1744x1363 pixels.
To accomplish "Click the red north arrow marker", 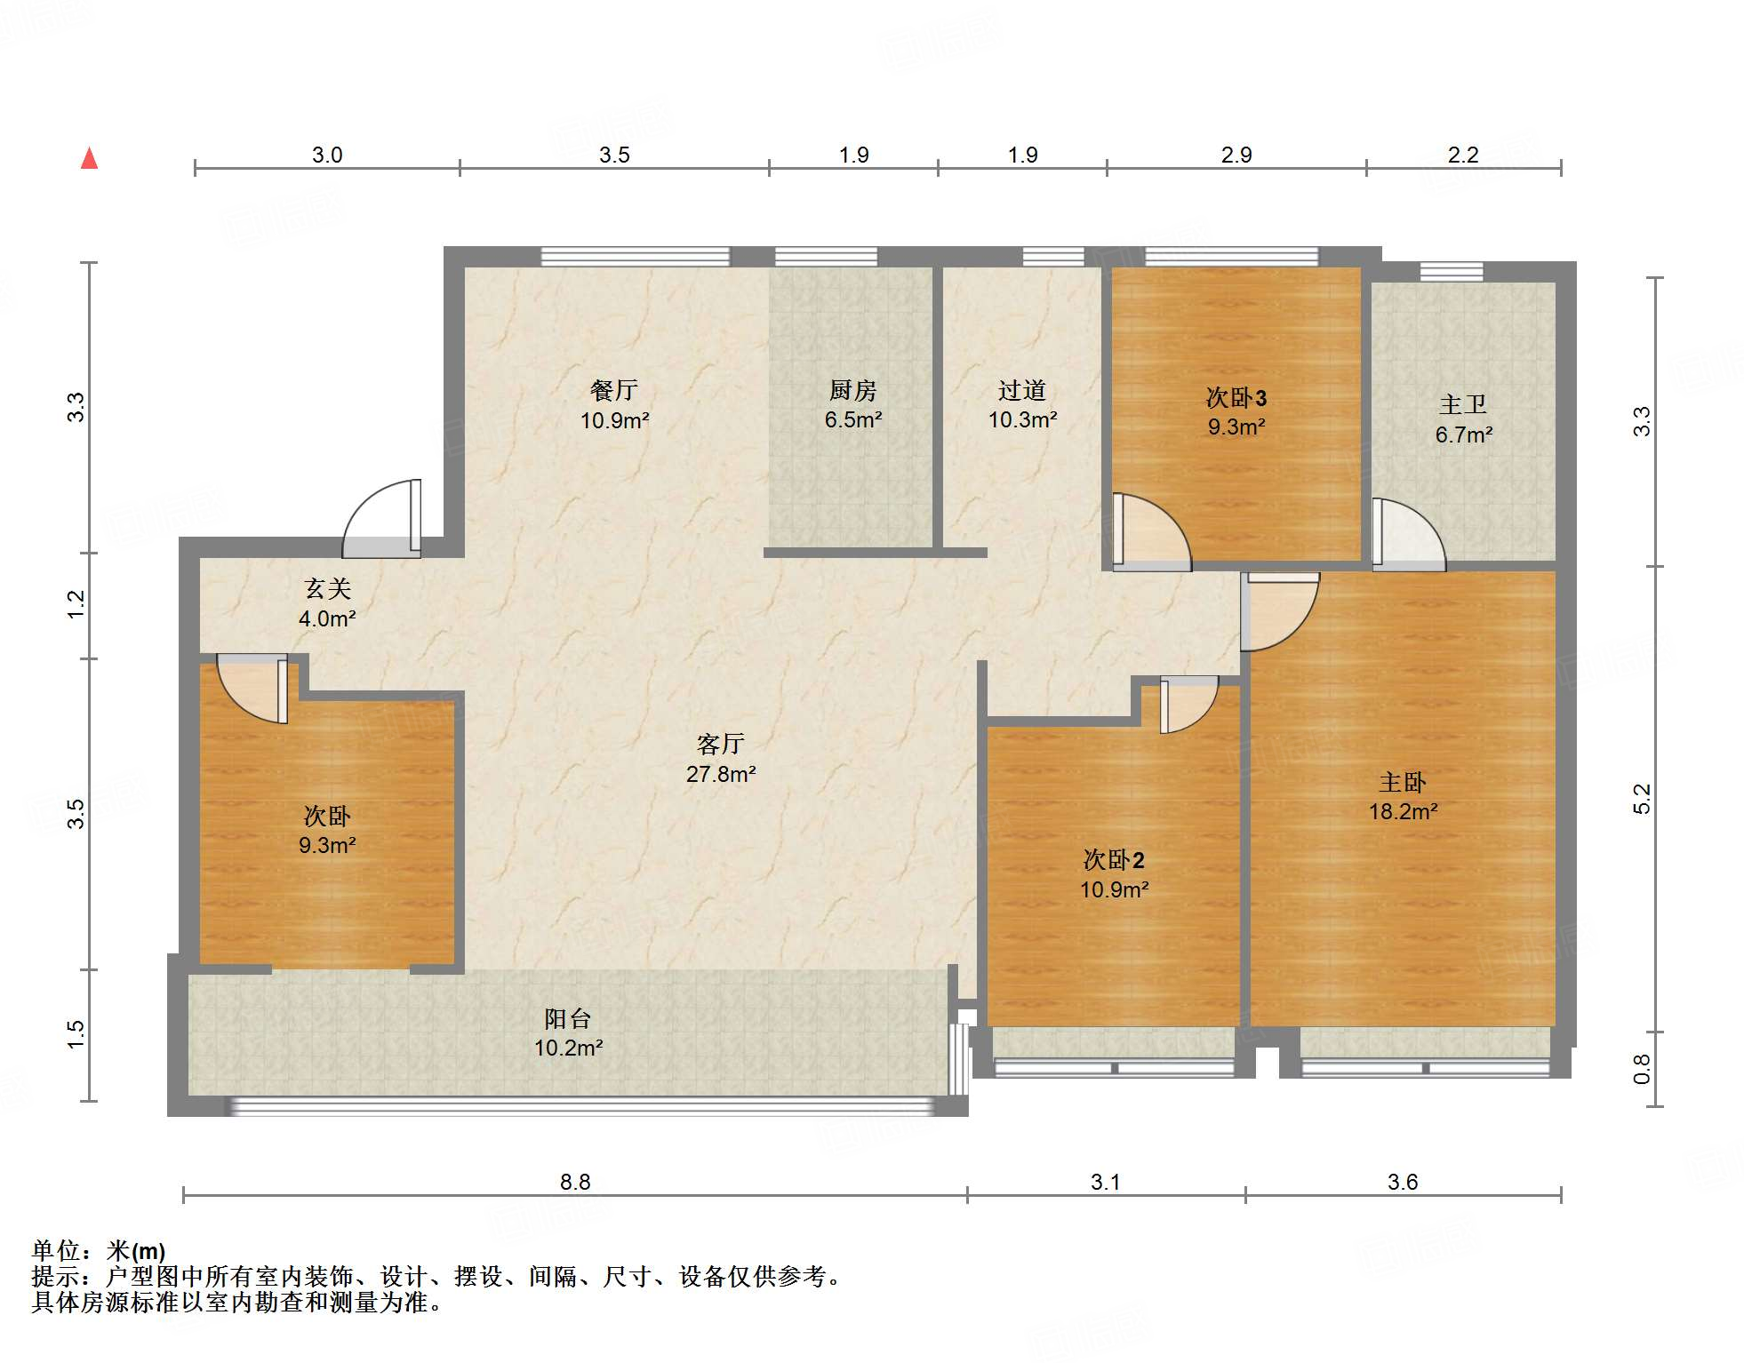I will [x=89, y=159].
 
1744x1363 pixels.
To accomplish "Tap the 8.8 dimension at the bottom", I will [x=574, y=1182].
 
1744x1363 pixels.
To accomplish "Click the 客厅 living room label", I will [x=720, y=744].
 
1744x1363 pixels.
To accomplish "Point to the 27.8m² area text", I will [x=720, y=774].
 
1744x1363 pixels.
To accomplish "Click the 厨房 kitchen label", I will [x=852, y=390].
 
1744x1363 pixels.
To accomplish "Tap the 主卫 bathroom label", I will [x=1462, y=405].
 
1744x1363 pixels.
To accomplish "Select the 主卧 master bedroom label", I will [x=1402, y=783].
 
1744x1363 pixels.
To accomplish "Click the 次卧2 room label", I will [x=1113, y=860].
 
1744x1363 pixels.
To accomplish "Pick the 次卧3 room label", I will [x=1236, y=397].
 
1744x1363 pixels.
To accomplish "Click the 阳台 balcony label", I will [x=567, y=1018].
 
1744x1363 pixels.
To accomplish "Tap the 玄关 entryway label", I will [x=327, y=588].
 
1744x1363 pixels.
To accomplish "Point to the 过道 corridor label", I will [x=1021, y=390].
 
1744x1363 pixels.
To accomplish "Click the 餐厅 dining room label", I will [x=613, y=390].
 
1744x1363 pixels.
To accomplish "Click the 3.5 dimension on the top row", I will [x=613, y=155].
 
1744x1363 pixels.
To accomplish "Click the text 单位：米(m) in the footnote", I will [x=99, y=1251].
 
